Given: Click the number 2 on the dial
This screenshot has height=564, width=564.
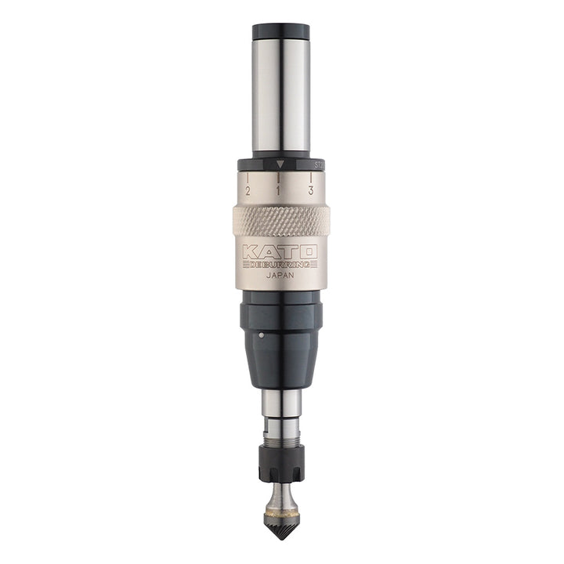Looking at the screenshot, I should coord(248,190).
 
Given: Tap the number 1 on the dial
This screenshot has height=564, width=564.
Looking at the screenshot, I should coord(280,190).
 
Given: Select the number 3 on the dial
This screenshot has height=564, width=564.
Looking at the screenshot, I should coord(311,190).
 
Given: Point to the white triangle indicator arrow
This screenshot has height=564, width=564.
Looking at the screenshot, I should coord(280,165).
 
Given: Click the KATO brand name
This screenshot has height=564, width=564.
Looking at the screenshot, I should coord(280,251).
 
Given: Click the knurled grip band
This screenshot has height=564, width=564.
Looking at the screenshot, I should coord(280,222).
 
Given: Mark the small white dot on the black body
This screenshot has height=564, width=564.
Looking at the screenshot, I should coord(260,334).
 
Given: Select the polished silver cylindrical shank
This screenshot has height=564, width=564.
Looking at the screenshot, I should coord(280,94).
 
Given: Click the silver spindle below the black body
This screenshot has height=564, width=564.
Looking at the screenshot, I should coord(280,403).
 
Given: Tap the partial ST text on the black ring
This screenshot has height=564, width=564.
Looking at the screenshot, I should coord(318,165).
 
